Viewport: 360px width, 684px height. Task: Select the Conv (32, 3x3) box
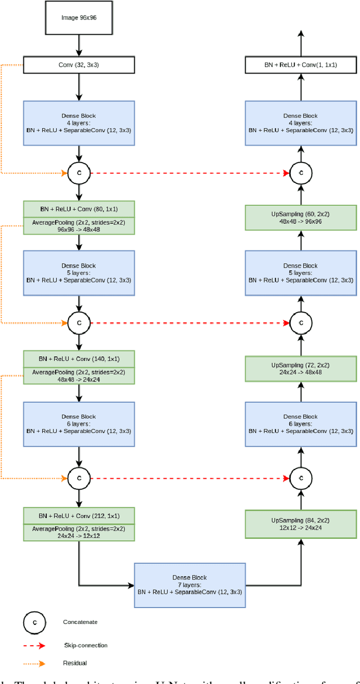(x=79, y=65)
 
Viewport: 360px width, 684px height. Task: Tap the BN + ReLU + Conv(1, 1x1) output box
(x=300, y=65)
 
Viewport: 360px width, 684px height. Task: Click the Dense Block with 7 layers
(x=190, y=585)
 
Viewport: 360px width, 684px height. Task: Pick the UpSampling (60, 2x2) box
(x=300, y=217)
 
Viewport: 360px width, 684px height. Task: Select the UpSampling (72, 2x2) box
(x=300, y=368)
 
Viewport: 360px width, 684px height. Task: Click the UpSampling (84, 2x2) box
(x=300, y=524)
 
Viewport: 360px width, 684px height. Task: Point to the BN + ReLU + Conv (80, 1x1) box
(x=79, y=209)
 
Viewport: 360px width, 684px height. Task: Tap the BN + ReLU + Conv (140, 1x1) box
(x=79, y=359)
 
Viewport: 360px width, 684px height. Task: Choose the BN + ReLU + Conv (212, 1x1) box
(x=79, y=515)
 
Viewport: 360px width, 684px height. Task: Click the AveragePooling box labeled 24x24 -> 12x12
(x=79, y=532)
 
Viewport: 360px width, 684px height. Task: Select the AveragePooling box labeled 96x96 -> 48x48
(x=79, y=226)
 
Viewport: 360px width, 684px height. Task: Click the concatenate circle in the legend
(x=34, y=623)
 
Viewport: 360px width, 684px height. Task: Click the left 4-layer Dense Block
(x=79, y=123)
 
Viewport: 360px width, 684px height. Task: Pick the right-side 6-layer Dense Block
(x=300, y=424)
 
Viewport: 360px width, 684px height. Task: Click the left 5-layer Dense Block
(x=79, y=273)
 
